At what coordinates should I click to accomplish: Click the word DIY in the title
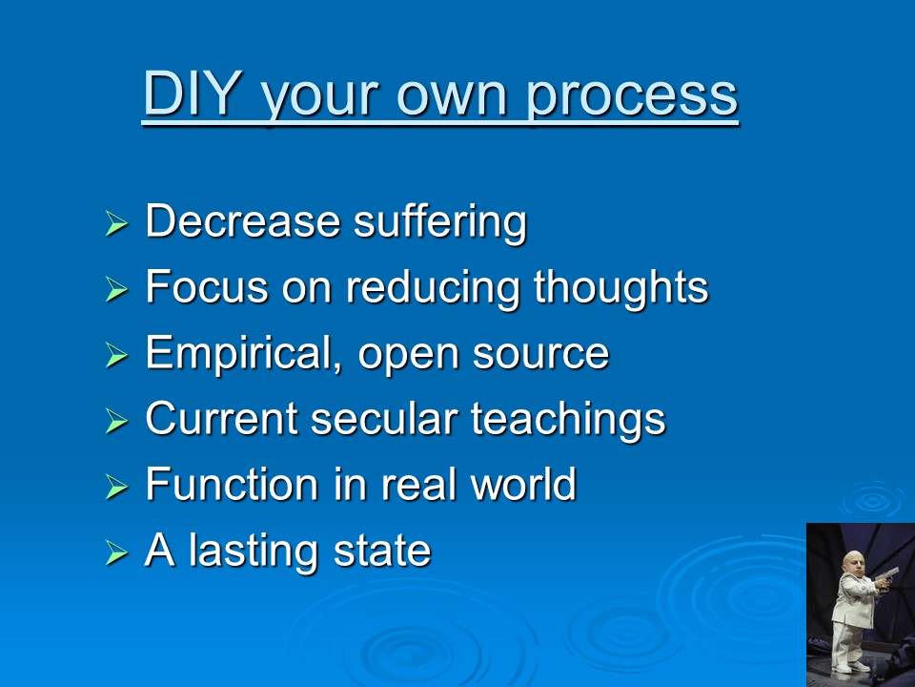(193, 93)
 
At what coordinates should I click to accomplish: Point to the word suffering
(440, 222)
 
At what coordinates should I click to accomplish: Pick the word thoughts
(620, 288)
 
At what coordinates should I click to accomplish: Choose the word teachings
(568, 421)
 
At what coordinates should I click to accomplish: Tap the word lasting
(254, 552)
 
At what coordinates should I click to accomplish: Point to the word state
(381, 552)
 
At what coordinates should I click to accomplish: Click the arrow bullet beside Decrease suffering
(116, 223)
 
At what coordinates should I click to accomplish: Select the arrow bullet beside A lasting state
(116, 552)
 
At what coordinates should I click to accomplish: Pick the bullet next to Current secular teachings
(116, 421)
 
